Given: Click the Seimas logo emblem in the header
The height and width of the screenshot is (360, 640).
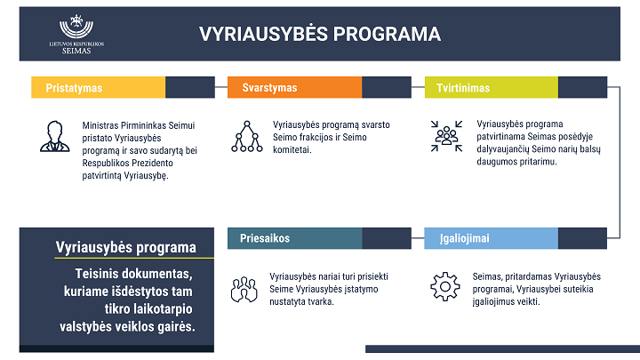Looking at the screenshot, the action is (x=76, y=28).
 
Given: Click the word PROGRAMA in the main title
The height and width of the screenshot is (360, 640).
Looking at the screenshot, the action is (x=387, y=34).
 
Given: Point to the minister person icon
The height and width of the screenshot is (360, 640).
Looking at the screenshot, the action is (x=55, y=136).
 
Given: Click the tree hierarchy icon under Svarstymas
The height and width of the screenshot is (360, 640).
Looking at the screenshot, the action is (x=247, y=136).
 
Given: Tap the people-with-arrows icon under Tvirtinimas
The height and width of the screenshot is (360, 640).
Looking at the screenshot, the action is (x=446, y=136).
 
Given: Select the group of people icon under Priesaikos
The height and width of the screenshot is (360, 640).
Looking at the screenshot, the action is (x=244, y=290).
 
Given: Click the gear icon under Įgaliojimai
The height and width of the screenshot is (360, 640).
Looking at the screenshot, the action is (x=445, y=286).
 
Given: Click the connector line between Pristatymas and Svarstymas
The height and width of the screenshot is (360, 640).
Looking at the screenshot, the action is (x=221, y=87).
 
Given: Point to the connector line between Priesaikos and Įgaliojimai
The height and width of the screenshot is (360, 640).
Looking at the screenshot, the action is (x=418, y=238).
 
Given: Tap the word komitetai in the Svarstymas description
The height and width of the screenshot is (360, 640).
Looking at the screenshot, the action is (x=292, y=150).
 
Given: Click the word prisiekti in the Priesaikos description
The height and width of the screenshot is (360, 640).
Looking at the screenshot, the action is (x=372, y=276).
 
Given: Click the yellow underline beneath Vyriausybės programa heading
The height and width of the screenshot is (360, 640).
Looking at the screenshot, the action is (x=134, y=258).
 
